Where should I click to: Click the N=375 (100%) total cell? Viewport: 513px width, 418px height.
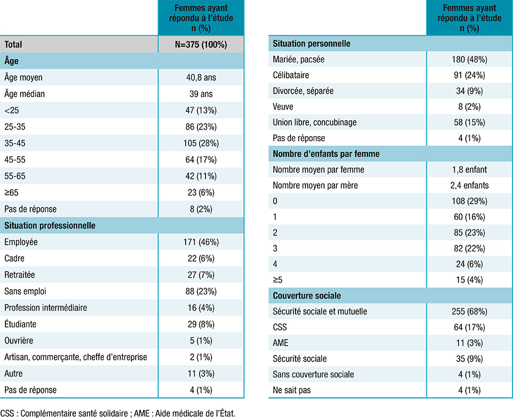click(200, 44)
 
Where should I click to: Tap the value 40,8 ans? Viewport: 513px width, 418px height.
click(200, 77)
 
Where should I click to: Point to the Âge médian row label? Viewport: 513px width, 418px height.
click(25, 94)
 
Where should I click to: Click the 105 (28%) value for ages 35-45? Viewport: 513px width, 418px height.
click(200, 143)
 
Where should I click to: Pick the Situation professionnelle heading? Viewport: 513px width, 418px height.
click(49, 225)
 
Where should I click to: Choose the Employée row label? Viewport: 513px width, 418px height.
click(21, 242)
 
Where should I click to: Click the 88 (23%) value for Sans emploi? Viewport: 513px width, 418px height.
click(200, 291)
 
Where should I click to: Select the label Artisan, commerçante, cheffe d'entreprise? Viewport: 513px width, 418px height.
click(76, 357)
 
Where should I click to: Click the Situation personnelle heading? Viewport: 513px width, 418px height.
click(311, 43)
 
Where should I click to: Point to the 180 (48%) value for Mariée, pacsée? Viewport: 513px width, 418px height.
click(469, 59)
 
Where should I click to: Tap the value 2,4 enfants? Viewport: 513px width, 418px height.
click(469, 185)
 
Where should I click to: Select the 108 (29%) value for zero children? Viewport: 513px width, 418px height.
click(469, 201)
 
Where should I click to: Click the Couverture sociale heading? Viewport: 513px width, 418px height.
click(307, 296)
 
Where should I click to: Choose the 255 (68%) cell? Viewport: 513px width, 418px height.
click(469, 312)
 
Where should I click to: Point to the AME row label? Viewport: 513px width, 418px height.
click(281, 343)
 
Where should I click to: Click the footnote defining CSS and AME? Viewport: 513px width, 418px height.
click(118, 413)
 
